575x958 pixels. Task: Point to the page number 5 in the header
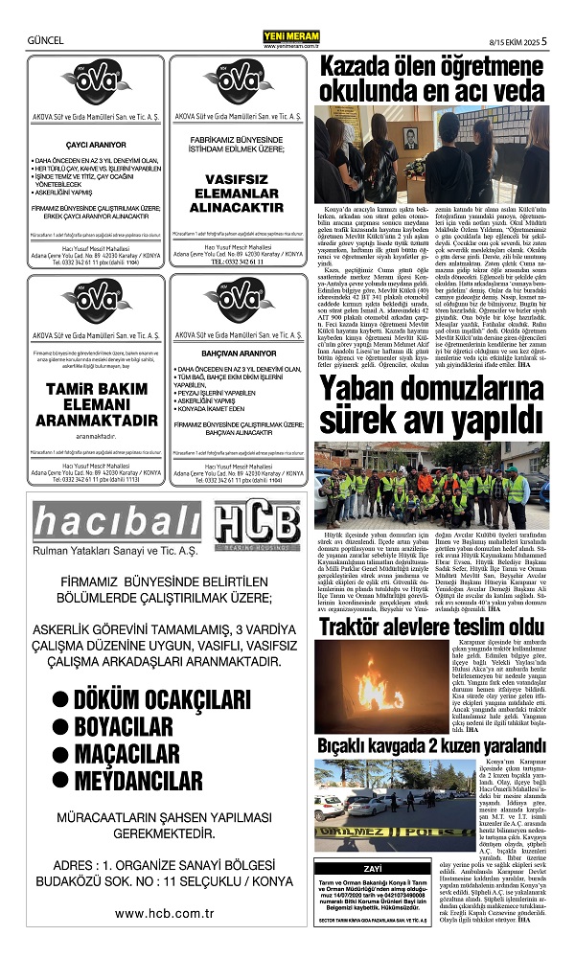click(x=543, y=40)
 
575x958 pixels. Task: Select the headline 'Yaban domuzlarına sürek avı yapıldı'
click(x=432, y=404)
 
